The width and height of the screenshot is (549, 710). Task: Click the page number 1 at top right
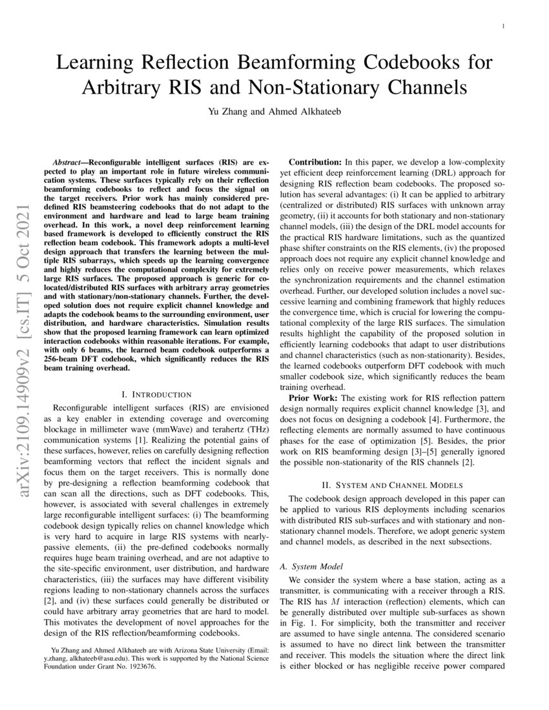[502, 26]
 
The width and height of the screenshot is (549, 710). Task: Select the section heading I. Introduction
[156, 394]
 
